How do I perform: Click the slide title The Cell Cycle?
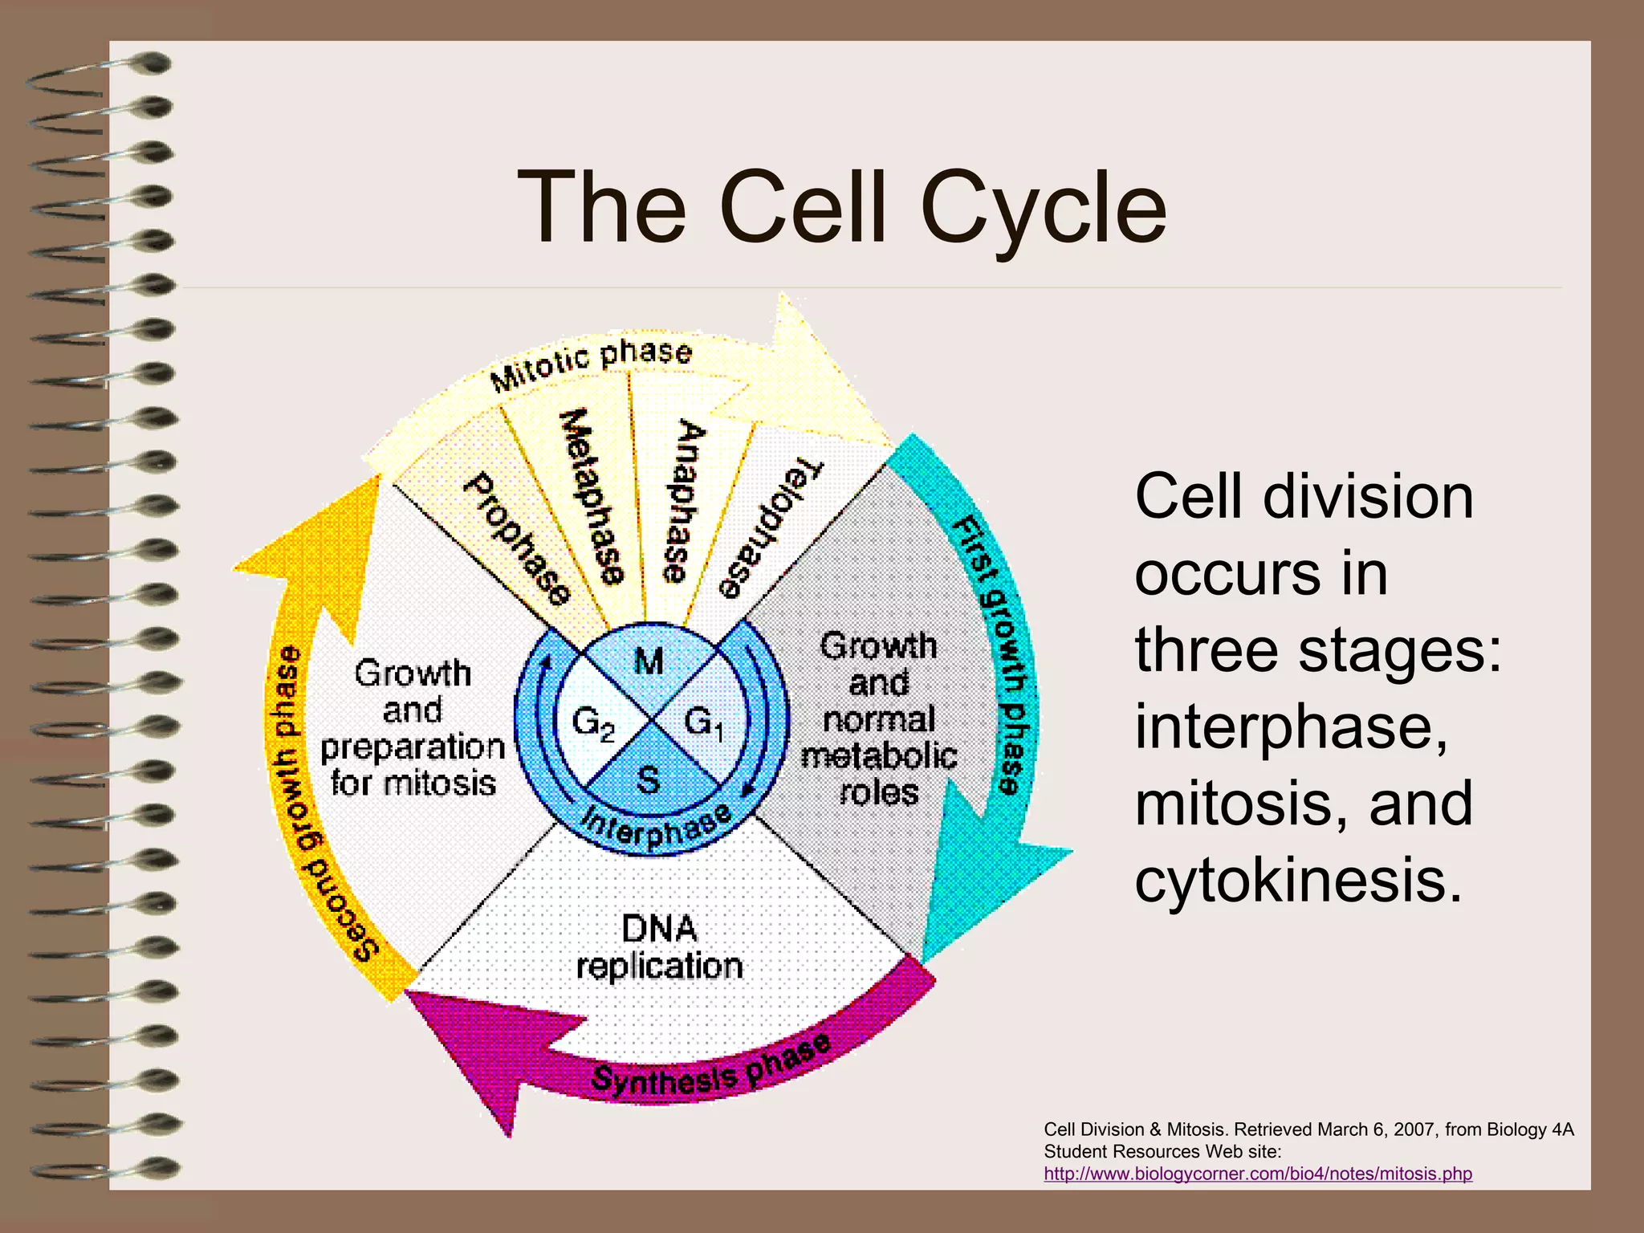pos(842,208)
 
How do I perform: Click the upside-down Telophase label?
pos(769,530)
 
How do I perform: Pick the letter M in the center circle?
pos(649,661)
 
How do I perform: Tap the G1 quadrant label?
pos(704,722)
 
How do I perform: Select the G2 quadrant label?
pos(593,724)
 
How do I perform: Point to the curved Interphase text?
pos(657,827)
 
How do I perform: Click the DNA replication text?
pos(660,947)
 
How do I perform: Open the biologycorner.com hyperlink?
pos(1258,1174)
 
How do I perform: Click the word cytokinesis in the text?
pos(1298,880)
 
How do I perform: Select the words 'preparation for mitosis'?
pos(413,765)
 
